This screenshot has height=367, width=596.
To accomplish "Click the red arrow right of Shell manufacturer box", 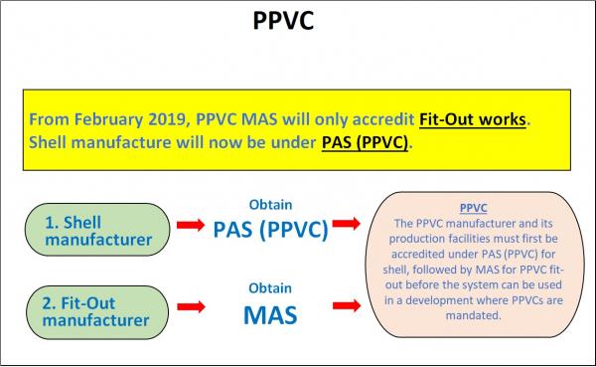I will (192, 229).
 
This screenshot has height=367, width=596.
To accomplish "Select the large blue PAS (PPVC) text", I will (269, 229).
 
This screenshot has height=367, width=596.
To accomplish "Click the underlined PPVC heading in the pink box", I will (474, 209).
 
